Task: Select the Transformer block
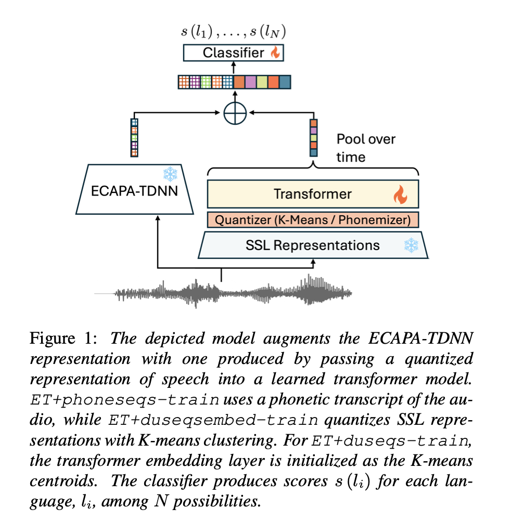coord(312,194)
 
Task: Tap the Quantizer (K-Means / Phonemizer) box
coord(313,220)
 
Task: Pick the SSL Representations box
coord(313,244)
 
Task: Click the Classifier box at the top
coord(234,53)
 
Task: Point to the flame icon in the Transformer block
coord(399,195)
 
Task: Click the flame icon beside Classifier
coord(275,53)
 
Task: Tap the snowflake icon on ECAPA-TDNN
coord(170,175)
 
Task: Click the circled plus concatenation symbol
coord(234,112)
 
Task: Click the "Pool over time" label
coord(366,148)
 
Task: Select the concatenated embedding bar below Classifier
coord(234,82)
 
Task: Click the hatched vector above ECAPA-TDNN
coord(134,137)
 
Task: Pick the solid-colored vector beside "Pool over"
coord(313,138)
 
